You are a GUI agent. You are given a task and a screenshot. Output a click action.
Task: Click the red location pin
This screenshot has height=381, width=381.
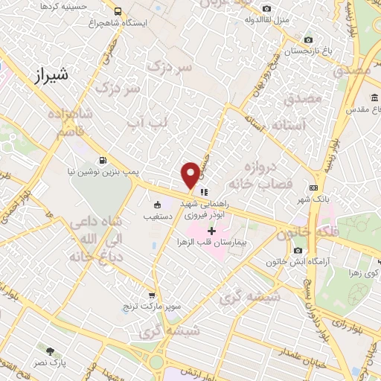tap(190, 175)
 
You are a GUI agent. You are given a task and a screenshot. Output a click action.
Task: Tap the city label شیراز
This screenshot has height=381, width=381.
tap(51, 75)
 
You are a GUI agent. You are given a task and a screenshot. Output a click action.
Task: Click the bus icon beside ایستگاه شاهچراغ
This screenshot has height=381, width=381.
tap(118, 11)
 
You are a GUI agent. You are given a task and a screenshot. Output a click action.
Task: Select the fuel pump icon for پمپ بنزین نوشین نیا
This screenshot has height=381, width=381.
tap(103, 160)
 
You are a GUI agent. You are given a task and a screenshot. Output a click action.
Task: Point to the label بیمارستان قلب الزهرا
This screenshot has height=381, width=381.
tap(218, 243)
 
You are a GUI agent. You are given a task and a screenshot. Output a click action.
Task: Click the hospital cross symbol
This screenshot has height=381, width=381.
tap(211, 231)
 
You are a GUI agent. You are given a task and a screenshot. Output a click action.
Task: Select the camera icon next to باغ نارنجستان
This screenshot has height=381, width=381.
tap(308, 40)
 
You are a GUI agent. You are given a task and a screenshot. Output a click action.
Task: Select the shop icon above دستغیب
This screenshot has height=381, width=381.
tap(157, 205)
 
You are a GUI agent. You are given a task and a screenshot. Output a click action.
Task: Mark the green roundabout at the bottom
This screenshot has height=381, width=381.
tap(157, 364)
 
